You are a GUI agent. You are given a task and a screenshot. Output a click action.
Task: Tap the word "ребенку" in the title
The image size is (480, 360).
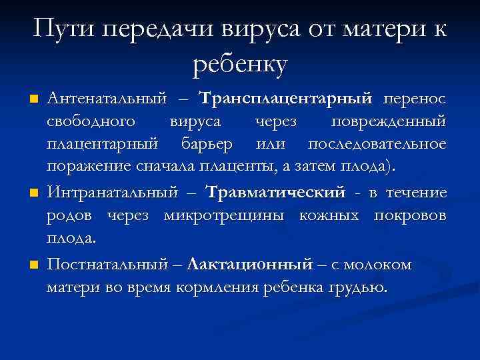[x=240, y=64]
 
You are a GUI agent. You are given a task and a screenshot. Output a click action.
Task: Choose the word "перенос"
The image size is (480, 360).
[x=413, y=99]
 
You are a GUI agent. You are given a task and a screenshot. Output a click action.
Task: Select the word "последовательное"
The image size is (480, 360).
[x=377, y=144]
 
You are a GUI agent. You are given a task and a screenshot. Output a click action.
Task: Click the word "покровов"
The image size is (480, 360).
[x=412, y=216]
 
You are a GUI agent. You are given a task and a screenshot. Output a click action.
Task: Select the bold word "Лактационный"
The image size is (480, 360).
[x=250, y=265]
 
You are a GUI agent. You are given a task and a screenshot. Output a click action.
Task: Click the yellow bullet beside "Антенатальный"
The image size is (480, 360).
[x=33, y=100]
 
